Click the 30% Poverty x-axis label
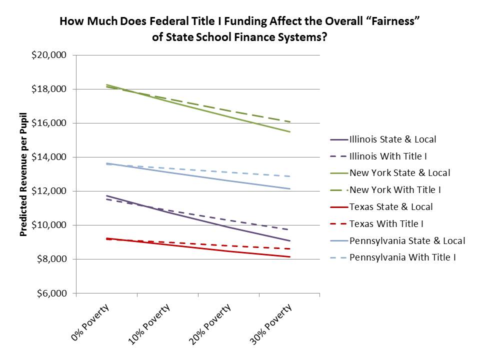click(272, 325)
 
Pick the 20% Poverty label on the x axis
click(211, 325)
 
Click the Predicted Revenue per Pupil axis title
click(23, 174)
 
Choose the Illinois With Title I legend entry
click(386, 156)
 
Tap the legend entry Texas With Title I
click(385, 224)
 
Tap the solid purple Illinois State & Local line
click(200, 219)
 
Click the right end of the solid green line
click(290, 132)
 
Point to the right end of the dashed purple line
click(290, 230)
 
